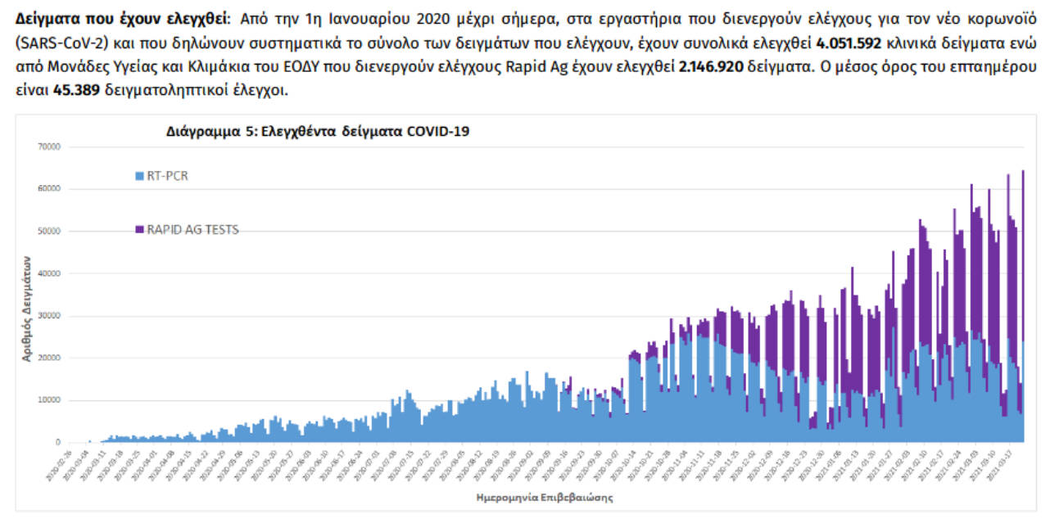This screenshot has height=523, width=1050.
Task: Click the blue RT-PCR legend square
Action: coord(140,176)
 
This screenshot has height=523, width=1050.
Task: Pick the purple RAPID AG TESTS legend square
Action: coord(140,230)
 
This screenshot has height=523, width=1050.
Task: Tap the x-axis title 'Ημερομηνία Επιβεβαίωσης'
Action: coord(544,497)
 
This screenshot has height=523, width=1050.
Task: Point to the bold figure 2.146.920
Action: coord(711,68)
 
